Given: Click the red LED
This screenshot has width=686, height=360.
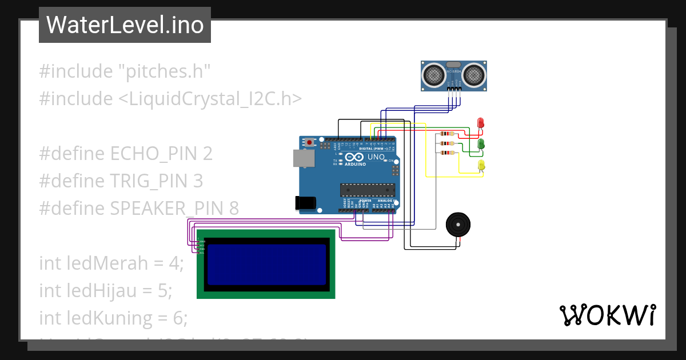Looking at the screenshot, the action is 480,122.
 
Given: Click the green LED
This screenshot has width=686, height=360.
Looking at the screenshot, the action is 481,143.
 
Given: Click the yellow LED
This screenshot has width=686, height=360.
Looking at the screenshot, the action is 481,165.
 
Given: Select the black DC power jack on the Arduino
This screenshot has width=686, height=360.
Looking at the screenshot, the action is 305,202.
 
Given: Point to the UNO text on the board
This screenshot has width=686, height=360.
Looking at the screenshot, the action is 376,157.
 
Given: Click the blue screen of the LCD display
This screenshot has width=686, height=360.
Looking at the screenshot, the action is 266,264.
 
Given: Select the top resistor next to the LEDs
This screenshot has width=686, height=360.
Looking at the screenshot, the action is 447,134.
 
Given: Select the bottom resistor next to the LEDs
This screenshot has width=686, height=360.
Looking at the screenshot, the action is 447,153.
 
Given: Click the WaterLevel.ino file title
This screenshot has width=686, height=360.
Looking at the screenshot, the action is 125,25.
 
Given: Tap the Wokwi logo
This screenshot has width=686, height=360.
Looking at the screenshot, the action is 607,315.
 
